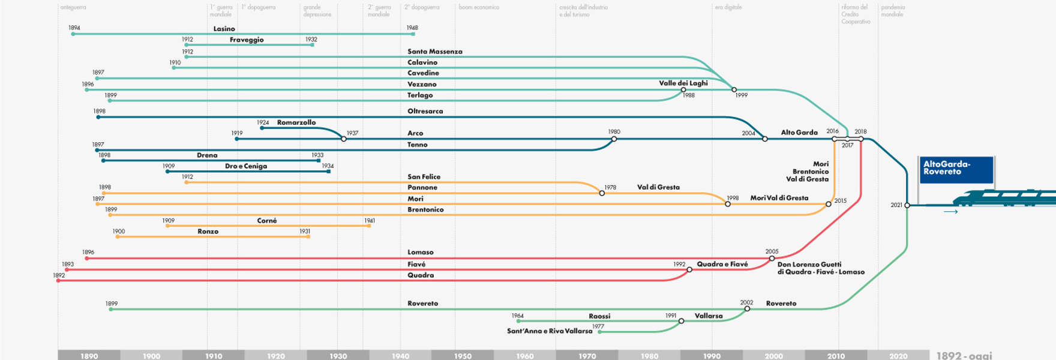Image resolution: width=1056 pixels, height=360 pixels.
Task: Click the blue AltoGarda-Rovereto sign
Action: point(956,169)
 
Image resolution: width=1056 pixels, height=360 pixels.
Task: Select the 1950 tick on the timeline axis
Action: point(463,356)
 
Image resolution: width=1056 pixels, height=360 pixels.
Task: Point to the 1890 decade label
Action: point(89,356)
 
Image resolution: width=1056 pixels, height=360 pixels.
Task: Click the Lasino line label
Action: point(224,29)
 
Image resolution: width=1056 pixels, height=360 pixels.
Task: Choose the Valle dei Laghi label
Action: point(683,83)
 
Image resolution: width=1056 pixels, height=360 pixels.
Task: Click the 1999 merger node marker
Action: point(734,89)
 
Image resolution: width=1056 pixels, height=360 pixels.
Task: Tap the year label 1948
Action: point(412,28)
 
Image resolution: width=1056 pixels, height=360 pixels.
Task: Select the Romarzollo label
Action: point(296,122)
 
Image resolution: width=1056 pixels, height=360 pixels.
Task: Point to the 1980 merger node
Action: point(614,139)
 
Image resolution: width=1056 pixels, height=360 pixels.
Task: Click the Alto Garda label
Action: point(799,133)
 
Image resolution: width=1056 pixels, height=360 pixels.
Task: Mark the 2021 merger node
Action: point(907,205)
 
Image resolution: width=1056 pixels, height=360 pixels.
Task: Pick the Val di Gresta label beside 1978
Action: point(658,187)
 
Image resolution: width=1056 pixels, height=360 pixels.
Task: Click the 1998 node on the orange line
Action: point(728,204)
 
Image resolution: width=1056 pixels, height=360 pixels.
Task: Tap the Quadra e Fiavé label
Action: point(722,264)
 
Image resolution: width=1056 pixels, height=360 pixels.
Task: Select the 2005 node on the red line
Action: point(772,259)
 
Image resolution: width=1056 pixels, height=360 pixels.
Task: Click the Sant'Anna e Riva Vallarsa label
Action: point(549,331)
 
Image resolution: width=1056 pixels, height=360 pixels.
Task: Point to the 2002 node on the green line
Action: point(747,309)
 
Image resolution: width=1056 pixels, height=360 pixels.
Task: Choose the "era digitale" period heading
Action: point(728,7)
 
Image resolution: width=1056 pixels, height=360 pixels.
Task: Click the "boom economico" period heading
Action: point(479,7)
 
